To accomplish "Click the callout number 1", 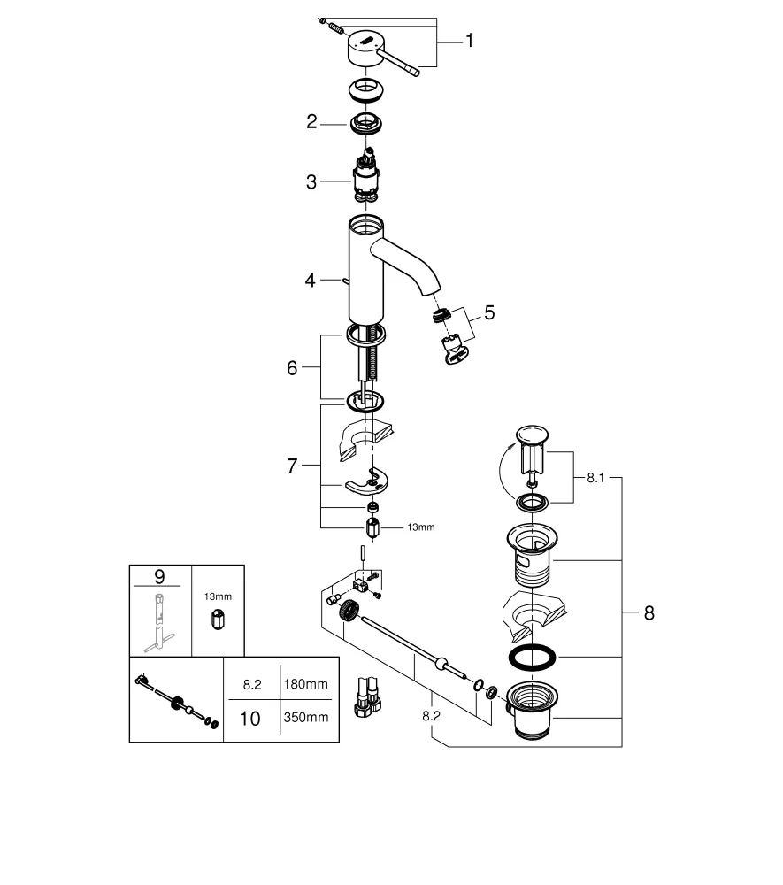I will click(x=469, y=41).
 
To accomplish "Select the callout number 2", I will click(x=311, y=122).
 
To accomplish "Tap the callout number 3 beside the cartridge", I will click(x=311, y=182).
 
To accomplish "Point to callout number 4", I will click(x=311, y=281).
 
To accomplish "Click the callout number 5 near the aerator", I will click(x=488, y=312).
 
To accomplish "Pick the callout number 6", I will click(x=292, y=368).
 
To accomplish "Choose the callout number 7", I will click(x=292, y=466).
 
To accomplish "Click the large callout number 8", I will click(x=649, y=613).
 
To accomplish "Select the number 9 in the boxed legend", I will click(x=159, y=576).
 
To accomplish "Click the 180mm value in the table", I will click(x=304, y=684).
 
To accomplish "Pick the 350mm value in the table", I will click(x=304, y=719).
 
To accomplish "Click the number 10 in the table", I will click(x=250, y=719).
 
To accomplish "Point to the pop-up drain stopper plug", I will click(x=533, y=451).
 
